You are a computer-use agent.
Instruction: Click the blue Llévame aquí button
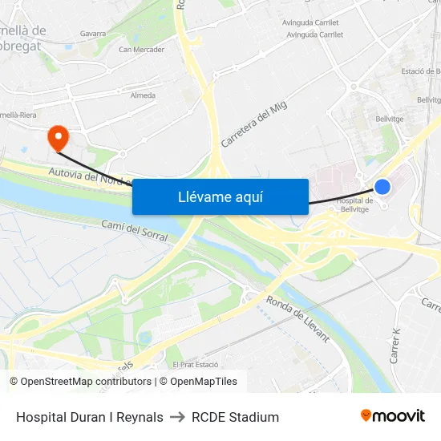pos(220,196)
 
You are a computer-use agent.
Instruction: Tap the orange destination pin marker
pos(58,137)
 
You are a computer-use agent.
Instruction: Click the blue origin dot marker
pos(382,186)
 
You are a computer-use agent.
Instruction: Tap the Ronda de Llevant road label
pos(297,319)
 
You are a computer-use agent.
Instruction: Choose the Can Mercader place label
pos(141,50)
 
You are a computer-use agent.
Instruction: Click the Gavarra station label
pos(93,34)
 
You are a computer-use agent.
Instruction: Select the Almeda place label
pos(143,95)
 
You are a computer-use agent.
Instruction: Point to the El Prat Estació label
pos(195,364)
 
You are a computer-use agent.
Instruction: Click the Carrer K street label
pos(395,346)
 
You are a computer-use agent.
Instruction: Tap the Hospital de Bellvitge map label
pos(354,204)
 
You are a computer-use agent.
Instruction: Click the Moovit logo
pos(393,416)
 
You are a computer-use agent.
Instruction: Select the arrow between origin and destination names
pos(177,417)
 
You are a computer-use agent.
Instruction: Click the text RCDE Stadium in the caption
pos(235,417)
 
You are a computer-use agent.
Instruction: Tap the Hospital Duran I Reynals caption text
pos(90,417)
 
